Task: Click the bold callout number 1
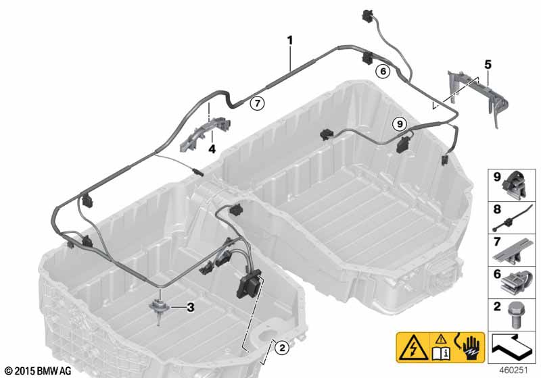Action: click(x=290, y=40)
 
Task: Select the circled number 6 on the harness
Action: click(x=383, y=72)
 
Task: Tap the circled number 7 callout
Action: click(x=258, y=103)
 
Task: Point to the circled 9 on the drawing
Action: click(x=400, y=124)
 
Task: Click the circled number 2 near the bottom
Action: click(x=282, y=348)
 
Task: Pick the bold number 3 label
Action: click(x=191, y=307)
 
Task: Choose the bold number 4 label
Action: click(x=212, y=149)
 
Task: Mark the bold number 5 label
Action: click(x=488, y=64)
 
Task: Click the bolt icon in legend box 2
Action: click(x=514, y=315)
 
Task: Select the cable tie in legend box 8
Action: click(x=509, y=219)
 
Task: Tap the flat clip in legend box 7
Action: click(x=513, y=251)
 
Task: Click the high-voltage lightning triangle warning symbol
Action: click(x=413, y=348)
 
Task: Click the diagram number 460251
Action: click(x=514, y=371)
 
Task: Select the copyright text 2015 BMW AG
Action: click(x=39, y=371)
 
